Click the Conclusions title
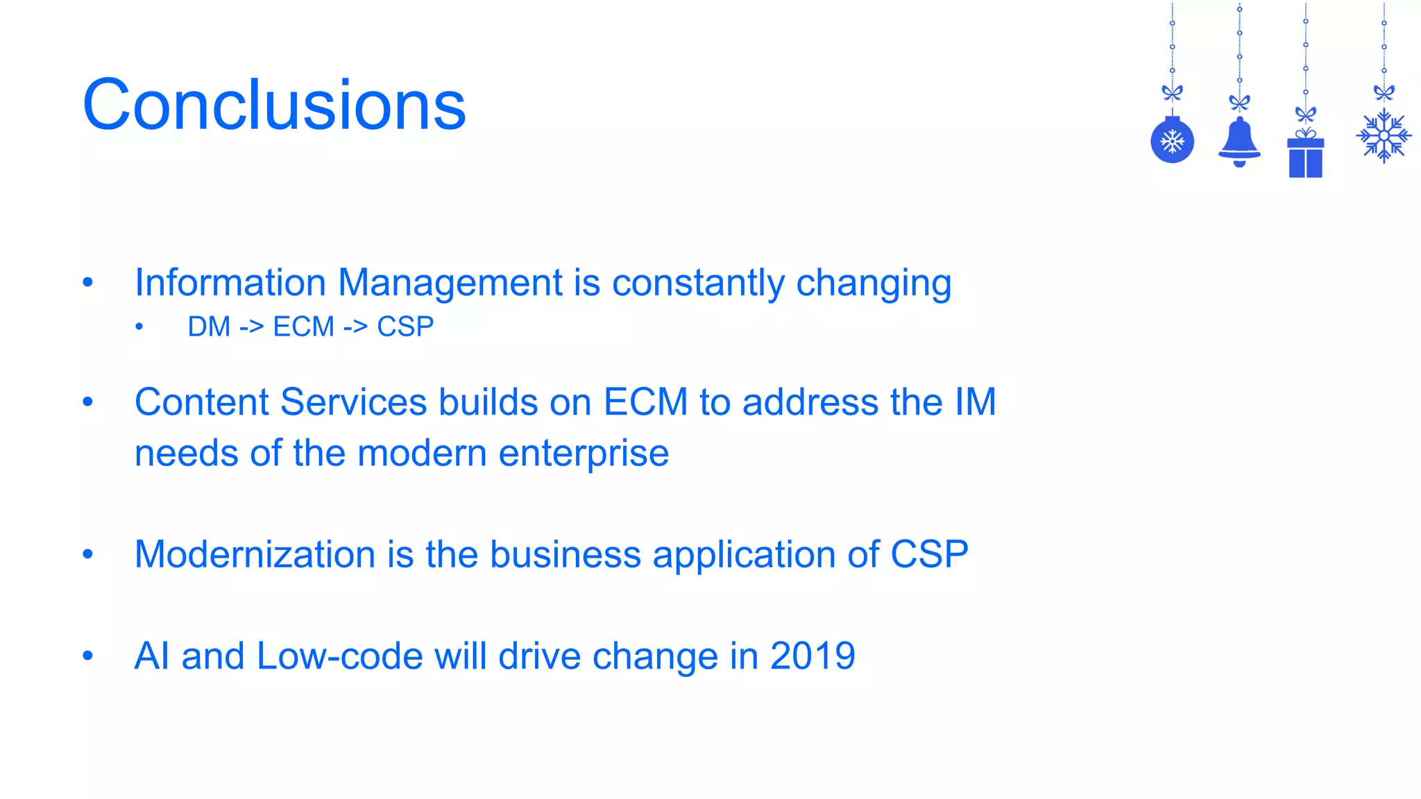(x=274, y=105)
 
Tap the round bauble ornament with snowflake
(x=1172, y=141)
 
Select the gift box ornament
(x=1305, y=157)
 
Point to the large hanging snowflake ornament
(x=1384, y=136)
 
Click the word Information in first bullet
(x=230, y=283)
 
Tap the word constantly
(x=698, y=283)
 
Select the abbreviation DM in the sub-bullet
(x=208, y=327)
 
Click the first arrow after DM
(x=251, y=327)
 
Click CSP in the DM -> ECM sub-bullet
(x=405, y=327)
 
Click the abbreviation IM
(x=975, y=402)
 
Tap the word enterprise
(x=584, y=454)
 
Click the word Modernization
(x=255, y=555)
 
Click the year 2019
(x=812, y=656)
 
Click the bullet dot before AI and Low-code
(x=87, y=655)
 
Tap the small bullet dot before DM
(x=139, y=327)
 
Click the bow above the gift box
(x=1305, y=114)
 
